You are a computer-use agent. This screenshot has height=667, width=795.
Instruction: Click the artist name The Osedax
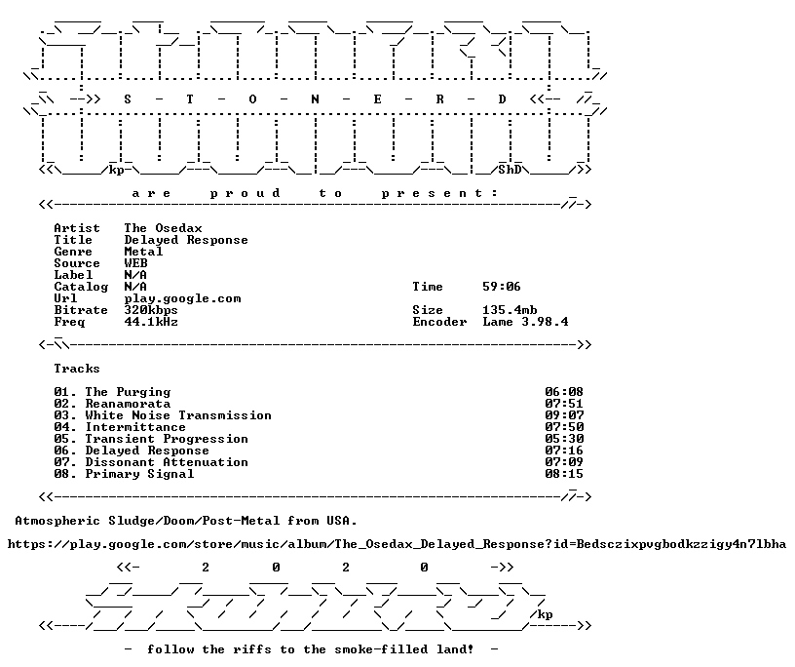164,228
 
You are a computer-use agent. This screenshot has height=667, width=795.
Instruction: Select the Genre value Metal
143,252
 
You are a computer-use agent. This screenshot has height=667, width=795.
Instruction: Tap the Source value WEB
135,263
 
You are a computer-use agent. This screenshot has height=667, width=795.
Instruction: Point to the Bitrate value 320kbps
151,311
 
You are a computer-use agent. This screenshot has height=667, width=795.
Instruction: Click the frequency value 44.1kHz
151,322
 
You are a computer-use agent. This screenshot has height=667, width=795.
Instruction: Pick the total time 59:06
502,287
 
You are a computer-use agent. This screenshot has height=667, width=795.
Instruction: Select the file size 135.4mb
510,310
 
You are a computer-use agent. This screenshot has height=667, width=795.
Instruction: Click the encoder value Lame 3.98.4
525,322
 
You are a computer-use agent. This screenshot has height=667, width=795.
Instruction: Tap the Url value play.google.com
182,299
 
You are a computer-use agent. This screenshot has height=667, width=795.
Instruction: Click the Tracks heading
77,369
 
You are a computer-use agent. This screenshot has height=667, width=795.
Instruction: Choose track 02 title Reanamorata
128,404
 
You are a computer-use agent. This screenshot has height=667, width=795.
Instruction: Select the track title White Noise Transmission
178,415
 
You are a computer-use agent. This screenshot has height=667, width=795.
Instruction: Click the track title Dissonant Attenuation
167,462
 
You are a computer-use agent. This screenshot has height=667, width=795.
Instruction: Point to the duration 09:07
564,415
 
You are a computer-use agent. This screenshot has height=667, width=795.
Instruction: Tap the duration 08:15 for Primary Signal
564,474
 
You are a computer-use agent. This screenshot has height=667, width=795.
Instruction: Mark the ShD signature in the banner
510,170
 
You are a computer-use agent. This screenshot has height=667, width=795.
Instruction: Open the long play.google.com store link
397,545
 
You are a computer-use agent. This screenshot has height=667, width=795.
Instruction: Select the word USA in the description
341,522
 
